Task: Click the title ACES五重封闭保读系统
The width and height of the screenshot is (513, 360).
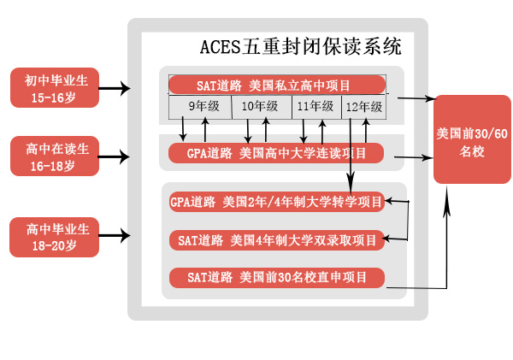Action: pyautogui.click(x=300, y=44)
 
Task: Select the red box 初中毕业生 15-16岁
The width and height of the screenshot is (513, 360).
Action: pyautogui.click(x=55, y=88)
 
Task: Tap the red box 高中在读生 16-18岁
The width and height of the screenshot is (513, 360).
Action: pyautogui.click(x=55, y=156)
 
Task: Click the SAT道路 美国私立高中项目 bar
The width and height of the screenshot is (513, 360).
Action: pyautogui.click(x=275, y=85)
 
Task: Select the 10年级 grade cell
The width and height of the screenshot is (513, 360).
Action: pyautogui.click(x=260, y=107)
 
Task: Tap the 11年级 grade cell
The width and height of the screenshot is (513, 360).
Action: pyautogui.click(x=315, y=107)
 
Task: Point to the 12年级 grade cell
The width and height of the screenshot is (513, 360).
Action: pyautogui.click(x=364, y=107)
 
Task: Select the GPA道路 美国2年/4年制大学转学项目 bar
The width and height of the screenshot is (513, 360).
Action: pyautogui.click(x=275, y=203)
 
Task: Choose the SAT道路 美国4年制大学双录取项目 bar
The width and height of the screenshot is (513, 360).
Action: pyautogui.click(x=275, y=240)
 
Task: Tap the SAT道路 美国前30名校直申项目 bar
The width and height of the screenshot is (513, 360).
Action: pyautogui.click(x=275, y=277)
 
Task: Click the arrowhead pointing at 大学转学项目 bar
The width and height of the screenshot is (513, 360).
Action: pyautogui.click(x=389, y=202)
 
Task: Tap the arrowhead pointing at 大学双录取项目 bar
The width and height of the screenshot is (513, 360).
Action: pyautogui.click(x=389, y=239)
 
